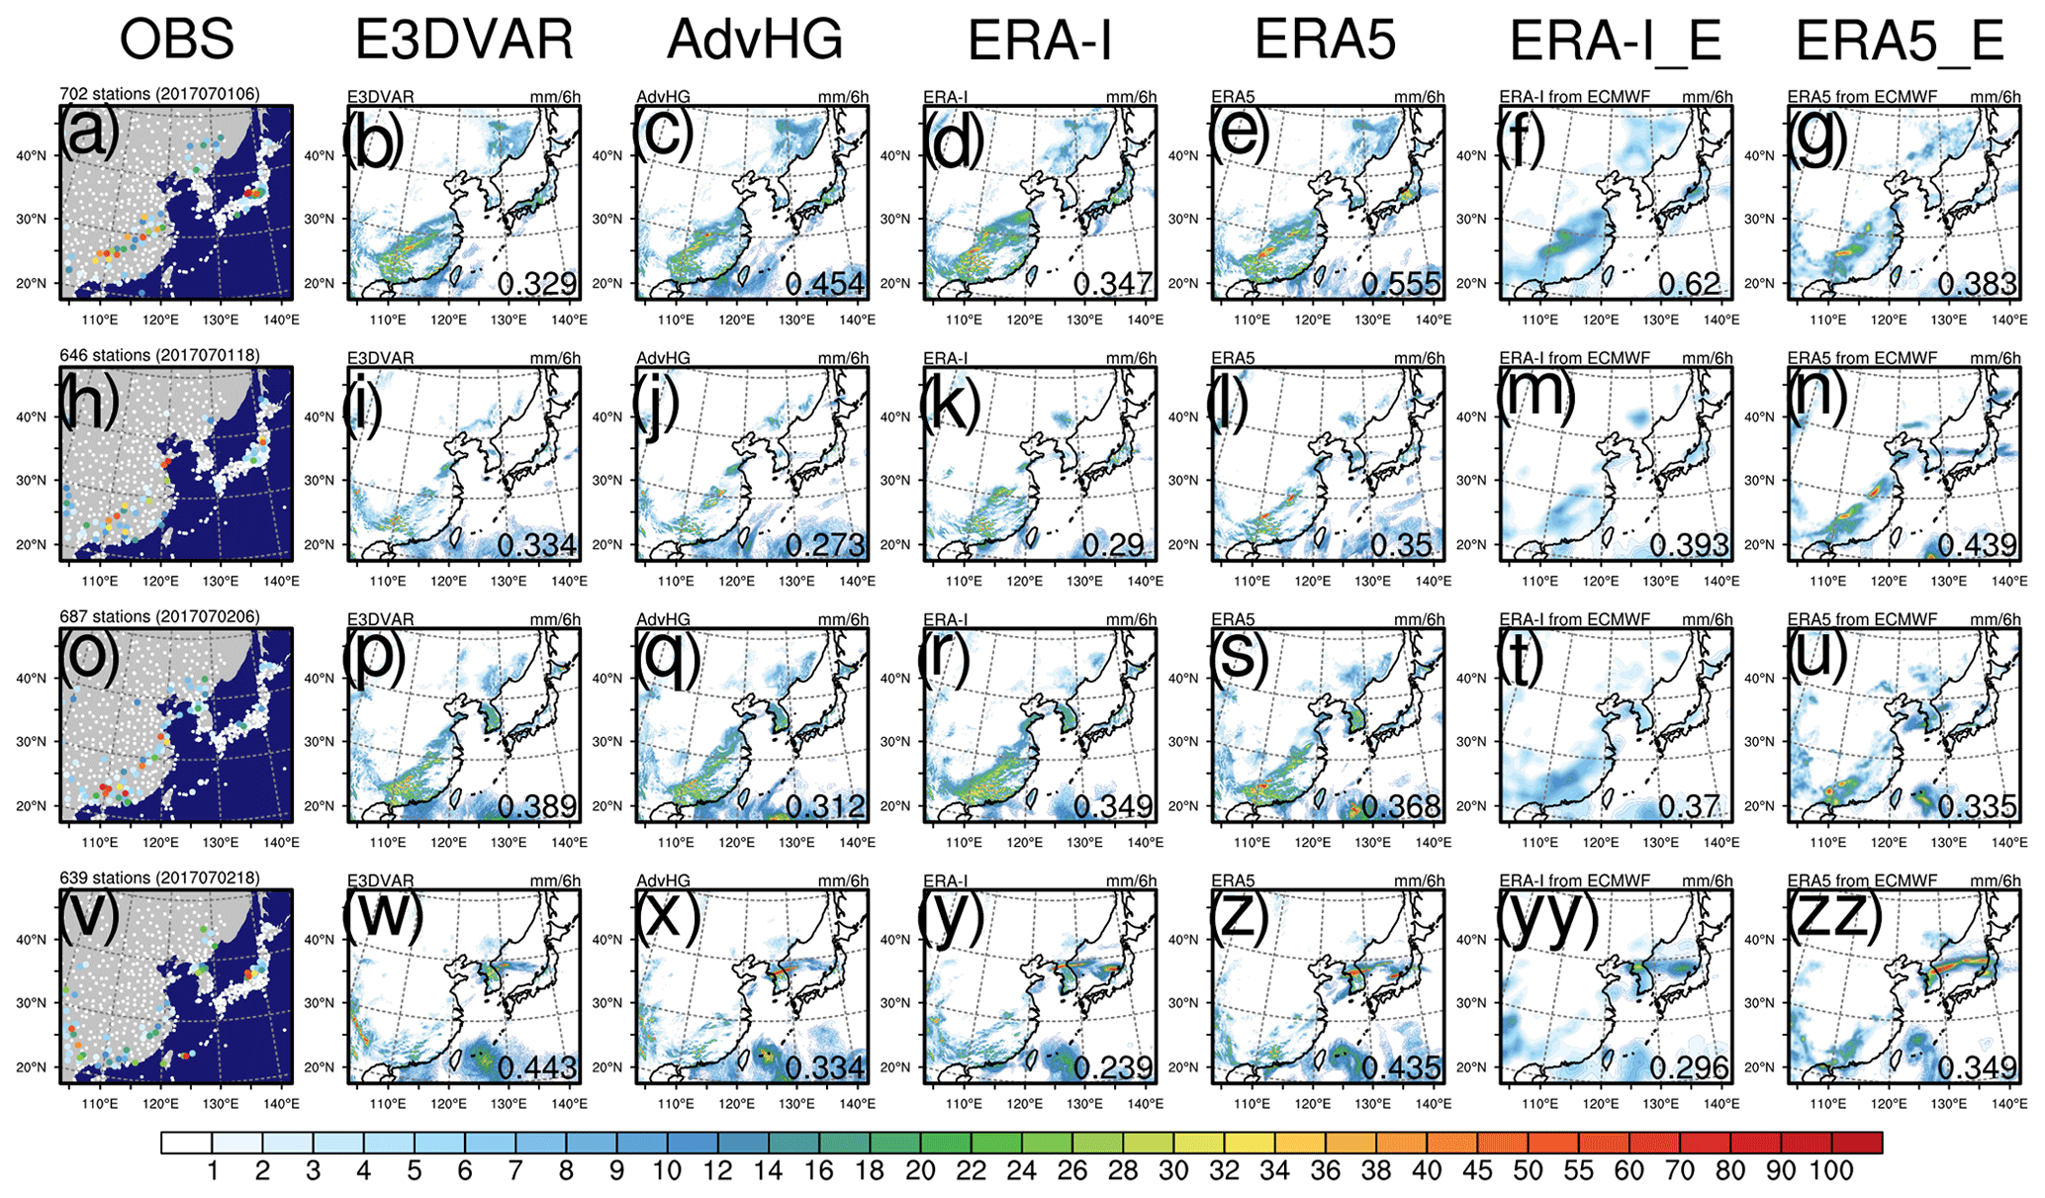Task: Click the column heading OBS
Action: (176, 42)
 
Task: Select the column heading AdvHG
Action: (754, 42)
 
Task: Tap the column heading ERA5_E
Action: (1900, 42)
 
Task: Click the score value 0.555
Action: (1401, 284)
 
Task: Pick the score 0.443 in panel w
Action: (537, 1067)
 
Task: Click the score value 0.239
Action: (1113, 1067)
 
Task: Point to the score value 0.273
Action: (825, 545)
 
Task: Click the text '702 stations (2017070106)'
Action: (159, 94)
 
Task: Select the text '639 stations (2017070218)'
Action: (159, 877)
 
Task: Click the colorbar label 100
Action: (1831, 1171)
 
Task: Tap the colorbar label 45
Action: (1477, 1171)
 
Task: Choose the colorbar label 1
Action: (212, 1171)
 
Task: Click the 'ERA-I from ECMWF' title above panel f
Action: (1574, 97)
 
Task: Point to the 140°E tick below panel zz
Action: (2009, 1103)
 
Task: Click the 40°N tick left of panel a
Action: (32, 155)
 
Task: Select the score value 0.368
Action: (1401, 806)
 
